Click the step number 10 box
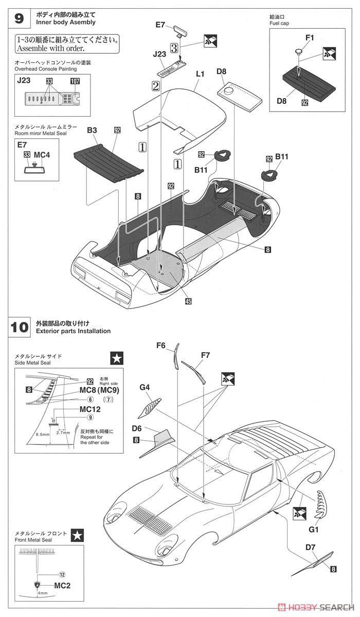pyautogui.click(x=19, y=327)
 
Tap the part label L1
pyautogui.click(x=200, y=74)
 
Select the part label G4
pyautogui.click(x=145, y=387)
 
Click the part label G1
pyautogui.click(x=314, y=528)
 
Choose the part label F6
pyautogui.click(x=161, y=346)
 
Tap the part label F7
pyautogui.click(x=205, y=355)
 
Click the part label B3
pyautogui.click(x=92, y=131)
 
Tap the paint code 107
pyautogui.click(x=75, y=81)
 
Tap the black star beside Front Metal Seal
pyautogui.click(x=77, y=534)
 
